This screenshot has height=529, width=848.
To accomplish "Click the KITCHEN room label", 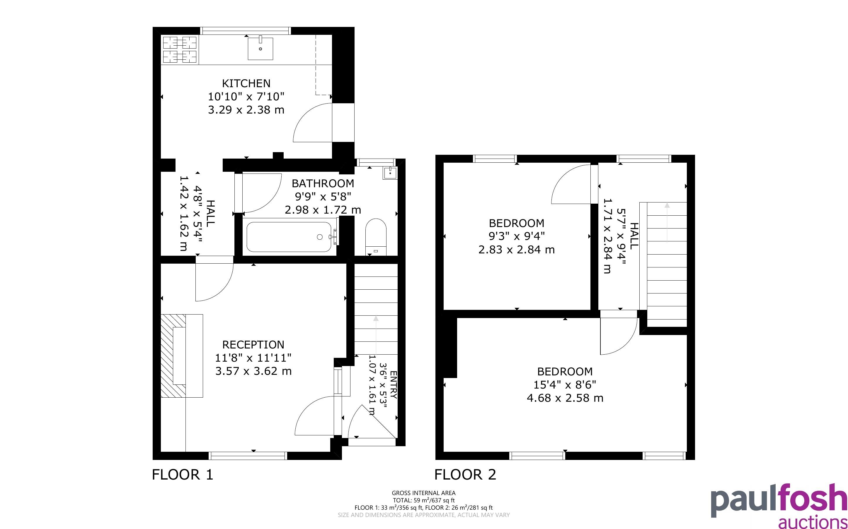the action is point(246,83).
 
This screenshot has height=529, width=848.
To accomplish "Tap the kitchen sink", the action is point(260,48).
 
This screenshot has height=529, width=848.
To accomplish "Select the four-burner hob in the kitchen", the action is point(180,50).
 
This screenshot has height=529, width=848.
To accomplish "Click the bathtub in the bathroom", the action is point(289,236).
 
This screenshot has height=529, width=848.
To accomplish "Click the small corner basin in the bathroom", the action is point(390,173).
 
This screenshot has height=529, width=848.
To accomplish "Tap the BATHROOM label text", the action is point(323,183).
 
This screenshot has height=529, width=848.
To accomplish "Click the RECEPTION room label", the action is point(253,345).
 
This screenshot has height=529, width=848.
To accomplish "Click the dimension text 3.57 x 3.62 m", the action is point(253,371).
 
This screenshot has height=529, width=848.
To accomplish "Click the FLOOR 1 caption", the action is point(183,475).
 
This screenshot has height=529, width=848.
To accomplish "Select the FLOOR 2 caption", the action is point(465,475).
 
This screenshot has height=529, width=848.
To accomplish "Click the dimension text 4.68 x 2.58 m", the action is point(565,398).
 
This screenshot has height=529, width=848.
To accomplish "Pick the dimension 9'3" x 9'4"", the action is point(517,236).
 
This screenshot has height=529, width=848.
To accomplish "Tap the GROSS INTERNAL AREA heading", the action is point(423,493).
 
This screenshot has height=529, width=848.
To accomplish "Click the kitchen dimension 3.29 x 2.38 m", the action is point(246,110).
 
